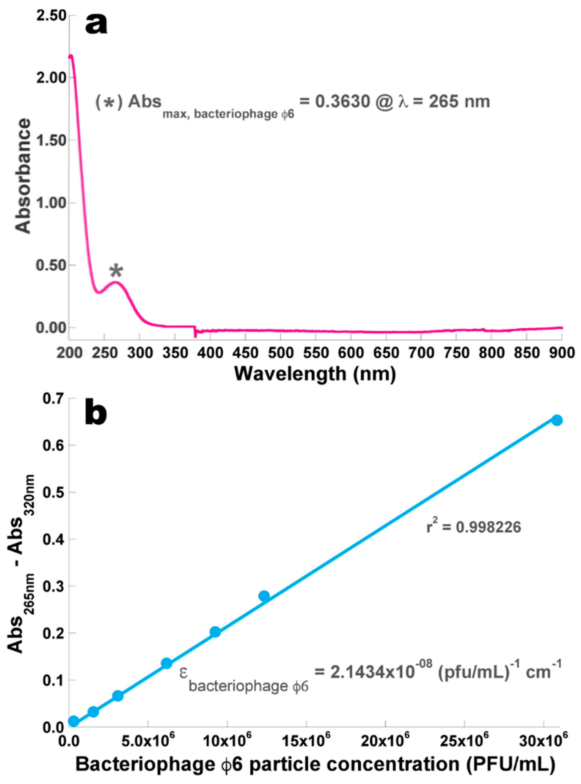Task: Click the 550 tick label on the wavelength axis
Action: (315, 353)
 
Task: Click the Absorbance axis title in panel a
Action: (23, 176)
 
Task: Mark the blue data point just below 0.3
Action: (264, 596)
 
